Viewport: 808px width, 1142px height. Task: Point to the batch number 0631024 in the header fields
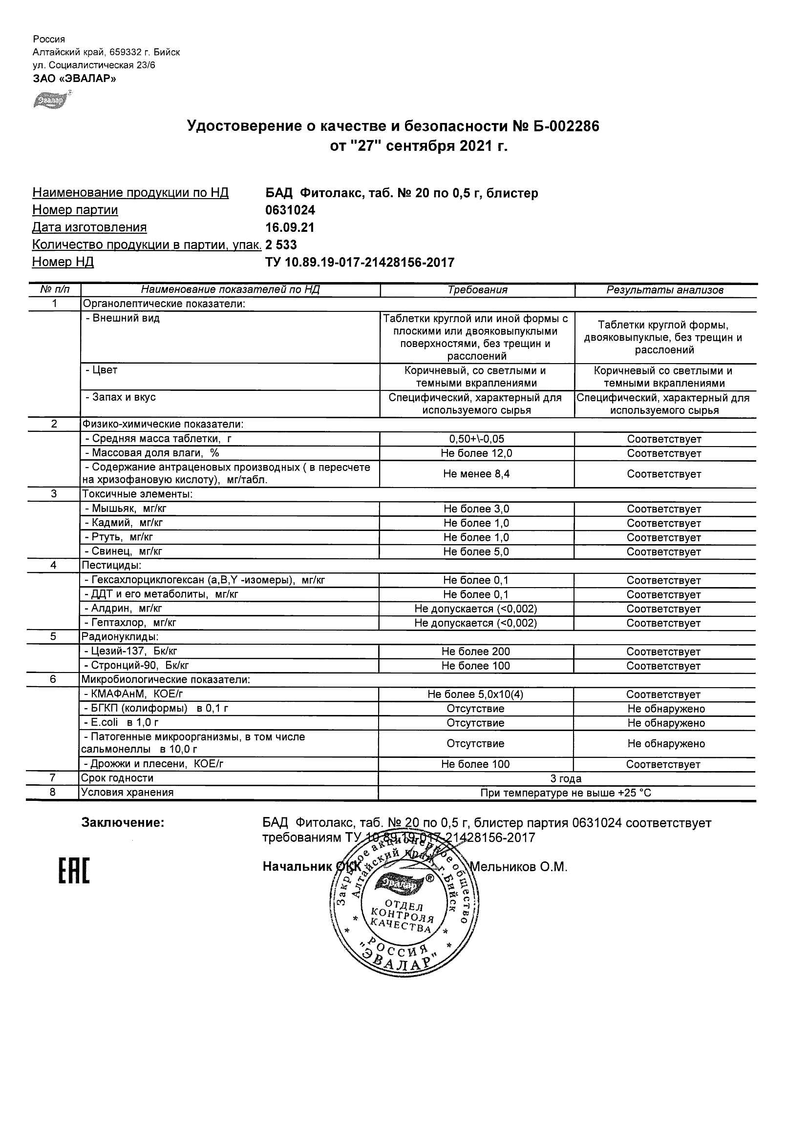[x=290, y=210]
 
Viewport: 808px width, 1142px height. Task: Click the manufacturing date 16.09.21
[x=290, y=227]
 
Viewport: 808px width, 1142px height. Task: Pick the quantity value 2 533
[x=281, y=245]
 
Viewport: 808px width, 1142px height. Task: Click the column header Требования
[x=477, y=290]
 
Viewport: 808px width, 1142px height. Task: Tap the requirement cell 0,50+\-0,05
[x=476, y=439]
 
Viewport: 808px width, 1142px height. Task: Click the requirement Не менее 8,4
[x=476, y=474]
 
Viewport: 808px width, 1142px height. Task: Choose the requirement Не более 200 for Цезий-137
[x=476, y=651]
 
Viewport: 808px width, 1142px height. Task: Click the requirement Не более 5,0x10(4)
[x=476, y=694]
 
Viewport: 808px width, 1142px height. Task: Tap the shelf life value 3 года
[x=566, y=778]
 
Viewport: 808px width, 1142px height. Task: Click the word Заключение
[x=123, y=823]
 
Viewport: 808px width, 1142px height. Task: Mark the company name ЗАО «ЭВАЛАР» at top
[x=74, y=78]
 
